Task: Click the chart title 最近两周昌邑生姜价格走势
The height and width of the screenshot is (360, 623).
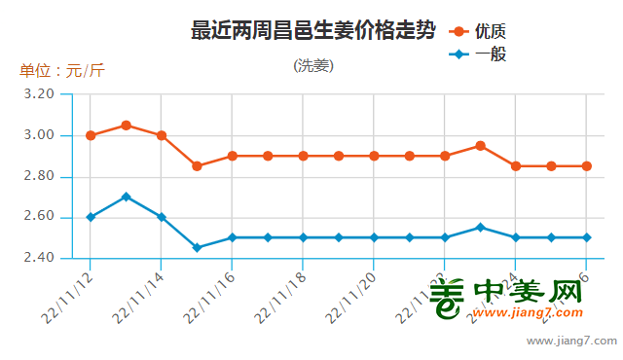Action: click(312, 31)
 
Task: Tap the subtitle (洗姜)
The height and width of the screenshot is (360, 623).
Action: click(312, 66)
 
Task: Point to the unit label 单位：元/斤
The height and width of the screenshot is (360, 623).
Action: click(61, 71)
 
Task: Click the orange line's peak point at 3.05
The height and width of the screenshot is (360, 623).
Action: click(126, 126)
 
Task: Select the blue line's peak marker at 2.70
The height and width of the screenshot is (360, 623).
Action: click(126, 197)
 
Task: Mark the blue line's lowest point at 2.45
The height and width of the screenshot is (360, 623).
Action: click(197, 248)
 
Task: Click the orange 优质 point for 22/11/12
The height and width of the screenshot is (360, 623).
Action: click(91, 135)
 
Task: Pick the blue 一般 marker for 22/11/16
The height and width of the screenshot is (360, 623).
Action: click(232, 237)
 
